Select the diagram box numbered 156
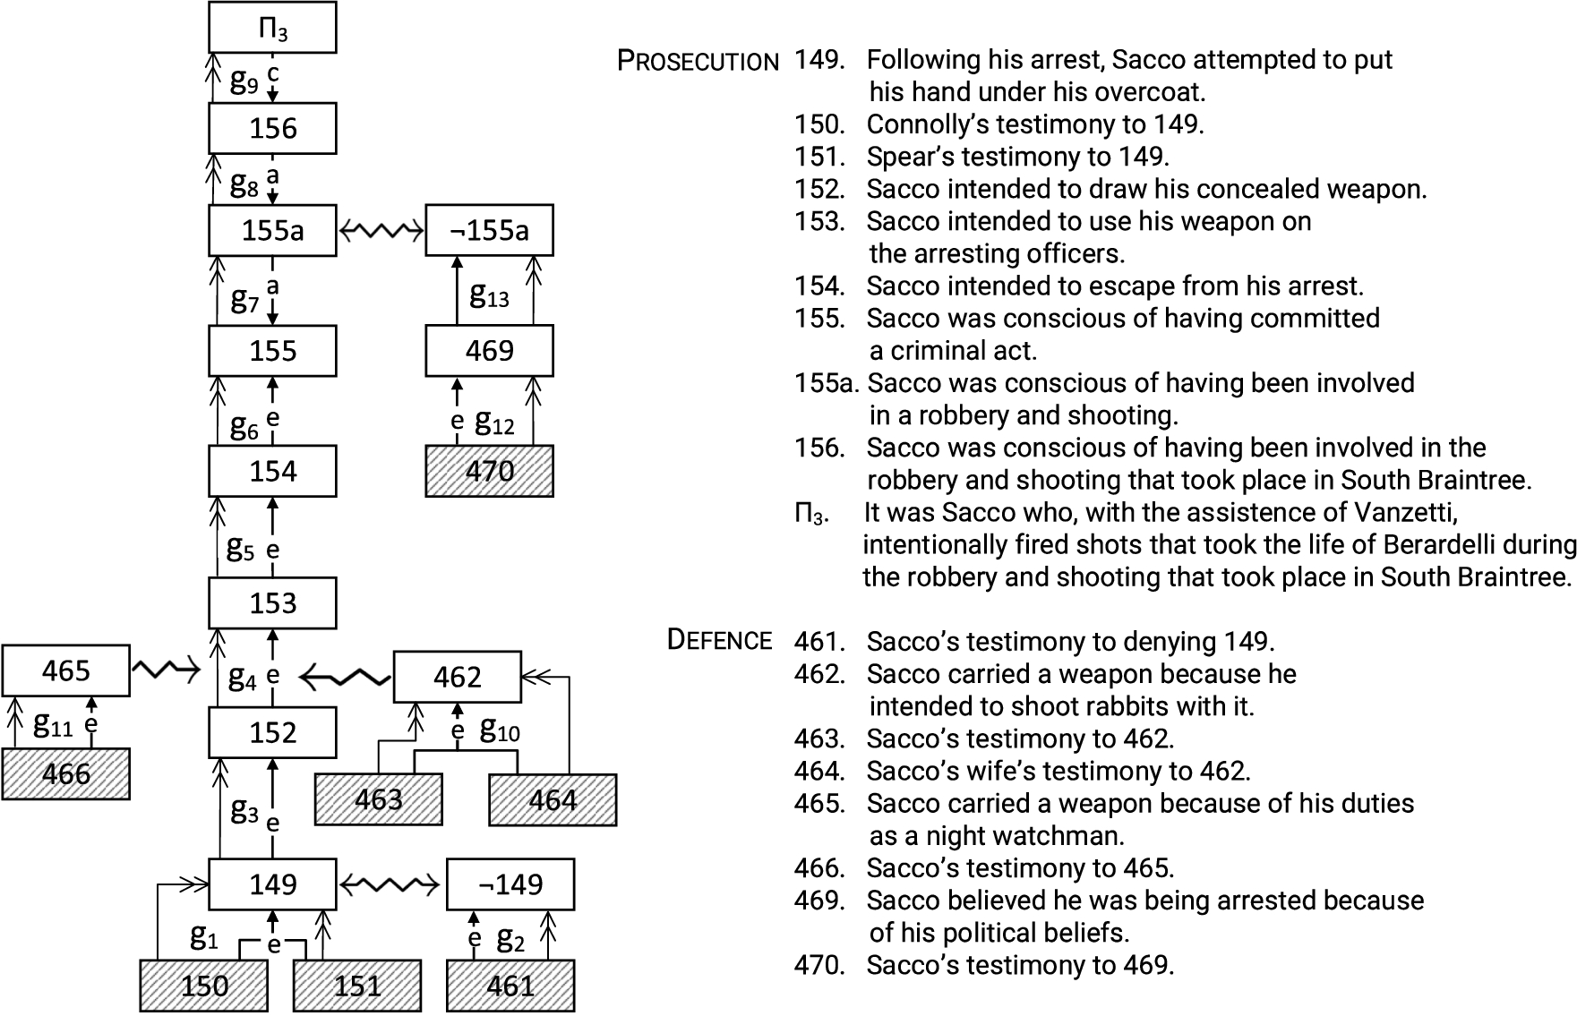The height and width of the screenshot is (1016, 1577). pos(272,128)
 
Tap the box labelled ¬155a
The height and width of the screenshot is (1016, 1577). pos(489,231)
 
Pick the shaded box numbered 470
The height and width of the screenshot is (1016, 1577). pos(489,471)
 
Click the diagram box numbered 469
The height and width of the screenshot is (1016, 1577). pos(489,350)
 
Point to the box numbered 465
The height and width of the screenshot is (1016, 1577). pos(65,670)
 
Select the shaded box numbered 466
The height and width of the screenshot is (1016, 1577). pos(65,773)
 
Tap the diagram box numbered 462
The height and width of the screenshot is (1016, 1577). pos(458,677)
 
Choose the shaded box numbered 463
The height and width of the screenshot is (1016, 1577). pos(378,798)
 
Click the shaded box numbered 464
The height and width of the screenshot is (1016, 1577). pos(553,798)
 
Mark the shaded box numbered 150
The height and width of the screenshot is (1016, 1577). pos(204,986)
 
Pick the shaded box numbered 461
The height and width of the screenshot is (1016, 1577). pos(510,986)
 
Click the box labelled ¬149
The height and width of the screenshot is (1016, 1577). pos(510,884)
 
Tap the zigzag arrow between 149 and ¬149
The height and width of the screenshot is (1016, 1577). pos(390,885)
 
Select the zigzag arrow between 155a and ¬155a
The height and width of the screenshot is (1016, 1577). pos(381,232)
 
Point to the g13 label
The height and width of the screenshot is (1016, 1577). pos(489,295)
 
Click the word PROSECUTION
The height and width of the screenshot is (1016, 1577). pos(699,62)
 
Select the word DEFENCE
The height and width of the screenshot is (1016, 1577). pos(719,640)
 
